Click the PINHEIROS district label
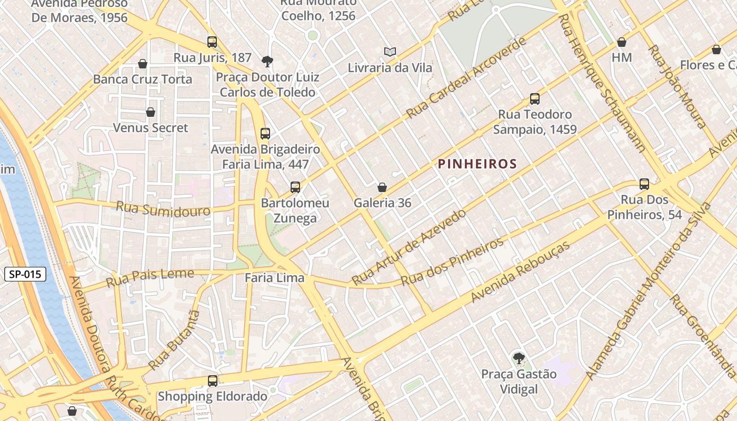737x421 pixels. pos(477,164)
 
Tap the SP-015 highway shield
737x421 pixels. pos(25,274)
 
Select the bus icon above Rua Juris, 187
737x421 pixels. pos(212,42)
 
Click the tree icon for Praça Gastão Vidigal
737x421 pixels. pos(519,358)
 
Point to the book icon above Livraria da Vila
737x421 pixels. pos(390,52)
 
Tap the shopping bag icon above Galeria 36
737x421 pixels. pos(382,187)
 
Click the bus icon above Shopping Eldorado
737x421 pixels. pos(213,380)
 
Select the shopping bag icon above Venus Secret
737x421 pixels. pos(151,112)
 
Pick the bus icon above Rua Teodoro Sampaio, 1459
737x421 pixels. pos(535,98)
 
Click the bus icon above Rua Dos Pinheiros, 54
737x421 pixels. pos(644,184)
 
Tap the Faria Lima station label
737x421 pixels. pos(275,278)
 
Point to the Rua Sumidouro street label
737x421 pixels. pos(163,208)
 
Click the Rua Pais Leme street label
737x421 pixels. pos(150,277)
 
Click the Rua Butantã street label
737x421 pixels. pos(174,339)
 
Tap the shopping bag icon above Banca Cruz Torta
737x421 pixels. pos(143,64)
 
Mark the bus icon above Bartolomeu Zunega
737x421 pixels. pos(295,187)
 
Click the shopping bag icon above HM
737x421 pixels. pos(622,42)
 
